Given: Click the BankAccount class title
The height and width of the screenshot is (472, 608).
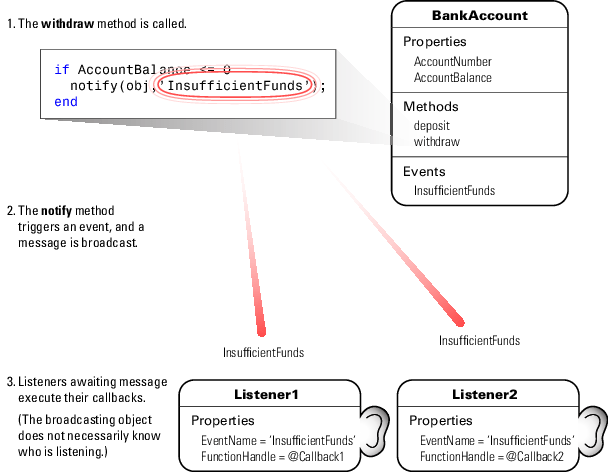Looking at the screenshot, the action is [480, 16].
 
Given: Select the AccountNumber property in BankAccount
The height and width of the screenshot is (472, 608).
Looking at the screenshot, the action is [453, 62].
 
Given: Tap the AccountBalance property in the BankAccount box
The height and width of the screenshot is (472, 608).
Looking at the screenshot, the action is [453, 78].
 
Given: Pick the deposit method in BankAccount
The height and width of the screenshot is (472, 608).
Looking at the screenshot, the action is [432, 126].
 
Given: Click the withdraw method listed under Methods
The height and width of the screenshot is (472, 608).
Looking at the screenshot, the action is [437, 142].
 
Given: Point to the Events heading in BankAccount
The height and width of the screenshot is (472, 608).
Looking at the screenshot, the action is [424, 171].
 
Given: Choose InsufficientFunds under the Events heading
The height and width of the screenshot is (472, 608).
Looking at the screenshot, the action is [454, 190].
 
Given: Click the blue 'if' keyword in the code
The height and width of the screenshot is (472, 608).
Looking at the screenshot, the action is [62, 69].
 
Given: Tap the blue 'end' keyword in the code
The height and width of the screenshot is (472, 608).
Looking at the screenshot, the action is [66, 102].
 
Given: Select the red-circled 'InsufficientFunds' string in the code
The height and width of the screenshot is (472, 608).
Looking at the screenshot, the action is [235, 85].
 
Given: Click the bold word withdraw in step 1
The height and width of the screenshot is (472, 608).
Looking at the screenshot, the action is [67, 24].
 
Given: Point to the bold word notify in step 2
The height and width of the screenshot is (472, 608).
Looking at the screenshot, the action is [57, 211].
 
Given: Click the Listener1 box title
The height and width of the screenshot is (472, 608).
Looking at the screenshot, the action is [266, 394].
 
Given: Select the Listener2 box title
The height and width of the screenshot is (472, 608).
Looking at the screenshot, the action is [485, 394].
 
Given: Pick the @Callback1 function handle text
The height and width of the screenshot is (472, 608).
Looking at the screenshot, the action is [316, 456].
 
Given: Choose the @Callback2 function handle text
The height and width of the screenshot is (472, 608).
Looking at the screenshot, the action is [535, 456].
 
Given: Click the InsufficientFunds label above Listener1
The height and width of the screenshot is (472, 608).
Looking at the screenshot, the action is [263, 353].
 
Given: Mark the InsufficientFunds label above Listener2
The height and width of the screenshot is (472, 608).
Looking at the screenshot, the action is [479, 341].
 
